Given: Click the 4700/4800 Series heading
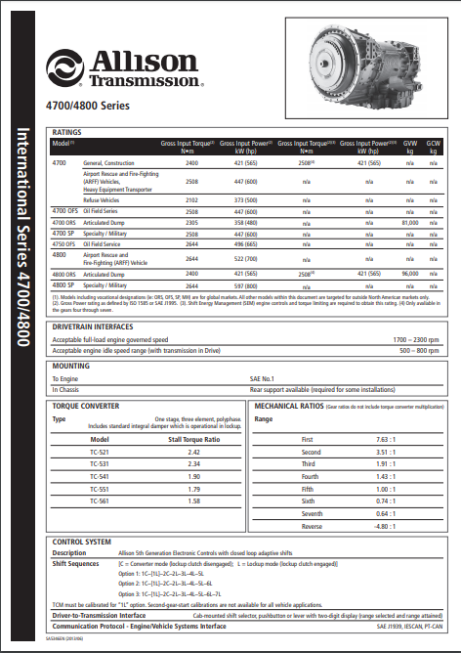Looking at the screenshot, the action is pos(87,106).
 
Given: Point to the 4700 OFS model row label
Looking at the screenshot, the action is pos(65,210).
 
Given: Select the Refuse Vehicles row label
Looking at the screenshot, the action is pos(103,198).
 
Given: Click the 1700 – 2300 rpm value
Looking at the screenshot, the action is pos(414,338).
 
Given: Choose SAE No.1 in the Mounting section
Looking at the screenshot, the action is pos(262,377).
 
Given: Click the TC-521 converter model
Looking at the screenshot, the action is pos(100,454).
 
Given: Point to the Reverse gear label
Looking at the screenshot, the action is pos(310,525).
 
